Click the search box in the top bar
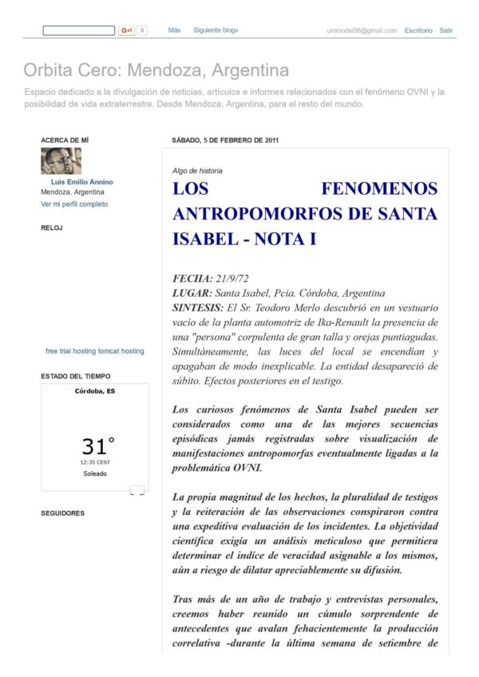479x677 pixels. click(x=78, y=30)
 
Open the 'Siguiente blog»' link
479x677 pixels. click(x=216, y=30)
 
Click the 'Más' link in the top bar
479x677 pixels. click(x=174, y=30)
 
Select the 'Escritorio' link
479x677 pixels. click(x=418, y=30)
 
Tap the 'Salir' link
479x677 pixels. click(x=446, y=30)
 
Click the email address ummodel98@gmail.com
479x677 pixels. click(x=362, y=30)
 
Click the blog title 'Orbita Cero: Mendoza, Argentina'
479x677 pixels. click(x=156, y=70)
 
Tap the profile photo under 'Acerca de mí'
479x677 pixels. click(x=61, y=161)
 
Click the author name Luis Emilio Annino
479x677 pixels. click(x=82, y=182)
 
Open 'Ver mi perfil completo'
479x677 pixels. click(x=74, y=204)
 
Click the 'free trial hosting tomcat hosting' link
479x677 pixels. click(x=95, y=351)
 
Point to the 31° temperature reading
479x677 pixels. click(x=98, y=445)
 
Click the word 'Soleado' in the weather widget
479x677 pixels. click(x=95, y=473)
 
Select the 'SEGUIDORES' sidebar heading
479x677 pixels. click(x=62, y=513)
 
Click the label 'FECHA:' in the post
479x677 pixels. click(x=192, y=279)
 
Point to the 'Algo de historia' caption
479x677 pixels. click(x=197, y=170)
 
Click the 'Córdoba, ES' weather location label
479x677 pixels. click(x=95, y=391)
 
